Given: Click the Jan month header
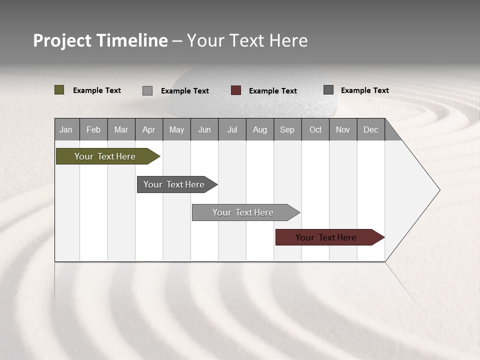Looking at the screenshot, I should click(x=66, y=129).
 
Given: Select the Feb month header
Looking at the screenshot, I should click(x=93, y=129).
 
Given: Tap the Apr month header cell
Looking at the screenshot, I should click(x=149, y=129).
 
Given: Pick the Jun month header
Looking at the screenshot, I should click(x=204, y=129).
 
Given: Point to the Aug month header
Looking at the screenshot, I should click(x=260, y=129).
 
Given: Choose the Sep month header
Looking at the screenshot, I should click(x=287, y=129).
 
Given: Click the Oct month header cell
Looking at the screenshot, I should click(x=315, y=129).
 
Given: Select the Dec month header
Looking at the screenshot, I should click(x=371, y=129).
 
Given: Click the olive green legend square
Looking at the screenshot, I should click(x=59, y=90).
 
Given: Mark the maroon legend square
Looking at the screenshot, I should click(x=236, y=90).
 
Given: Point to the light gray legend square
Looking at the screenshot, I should click(x=147, y=90).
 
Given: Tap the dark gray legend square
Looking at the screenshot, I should click(x=328, y=90).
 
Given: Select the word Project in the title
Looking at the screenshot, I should click(x=62, y=40).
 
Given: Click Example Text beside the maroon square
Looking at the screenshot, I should click(x=273, y=91).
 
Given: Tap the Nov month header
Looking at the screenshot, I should click(x=343, y=129).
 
